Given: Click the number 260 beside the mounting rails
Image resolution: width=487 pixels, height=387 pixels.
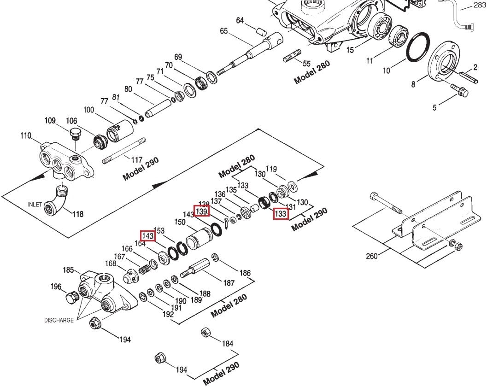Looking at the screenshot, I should point(372,256).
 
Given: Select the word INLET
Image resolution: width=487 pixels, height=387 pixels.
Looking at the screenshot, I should point(35,204).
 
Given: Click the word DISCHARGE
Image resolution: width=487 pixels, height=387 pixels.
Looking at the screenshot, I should point(59,320).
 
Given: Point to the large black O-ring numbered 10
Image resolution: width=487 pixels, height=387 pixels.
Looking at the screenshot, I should point(418,47).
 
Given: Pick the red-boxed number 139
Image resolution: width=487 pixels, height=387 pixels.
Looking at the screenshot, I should point(201,211).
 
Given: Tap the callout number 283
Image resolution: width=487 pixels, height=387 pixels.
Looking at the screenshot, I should point(479,6).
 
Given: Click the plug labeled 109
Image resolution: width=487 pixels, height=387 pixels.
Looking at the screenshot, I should point(74,134).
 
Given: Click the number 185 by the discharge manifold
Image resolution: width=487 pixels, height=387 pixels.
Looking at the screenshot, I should point(69,270).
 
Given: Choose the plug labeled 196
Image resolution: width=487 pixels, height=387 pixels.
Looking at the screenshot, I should point(71,297).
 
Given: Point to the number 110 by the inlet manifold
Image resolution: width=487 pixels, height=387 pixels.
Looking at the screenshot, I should point(25,136).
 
